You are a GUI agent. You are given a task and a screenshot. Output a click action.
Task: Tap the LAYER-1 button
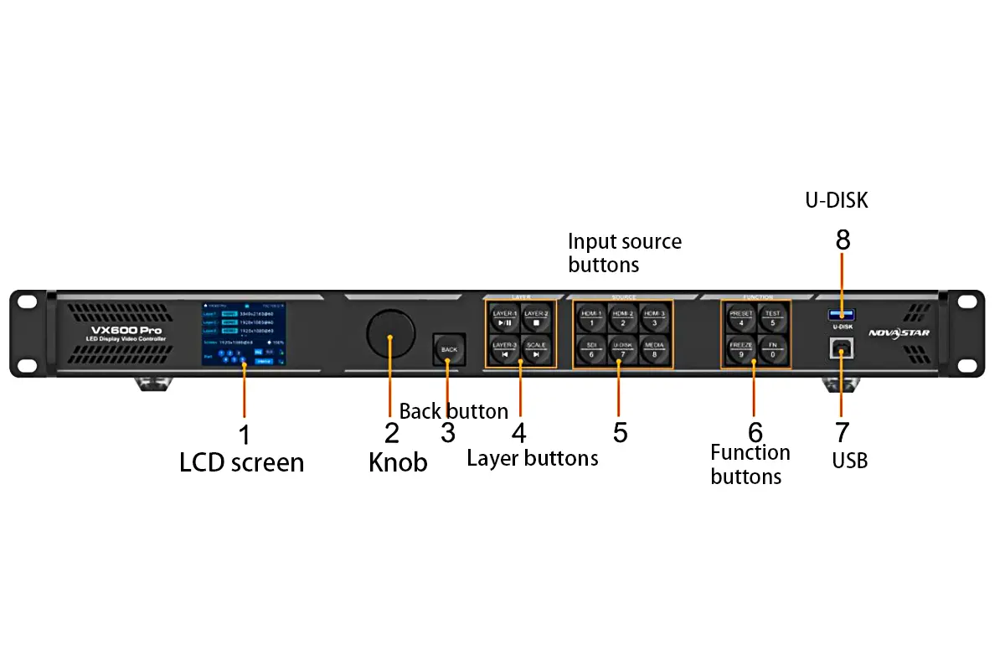click(504, 318)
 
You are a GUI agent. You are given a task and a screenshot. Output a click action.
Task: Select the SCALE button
click(537, 349)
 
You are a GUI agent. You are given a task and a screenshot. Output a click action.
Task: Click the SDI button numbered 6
click(591, 349)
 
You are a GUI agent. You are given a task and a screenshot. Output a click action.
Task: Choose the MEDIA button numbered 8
click(654, 349)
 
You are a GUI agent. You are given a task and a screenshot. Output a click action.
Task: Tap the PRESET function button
click(741, 318)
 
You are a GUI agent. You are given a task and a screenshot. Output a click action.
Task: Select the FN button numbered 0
click(772, 349)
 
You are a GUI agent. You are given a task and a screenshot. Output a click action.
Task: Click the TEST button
click(772, 318)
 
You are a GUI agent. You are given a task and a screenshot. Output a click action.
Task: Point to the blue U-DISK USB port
click(843, 314)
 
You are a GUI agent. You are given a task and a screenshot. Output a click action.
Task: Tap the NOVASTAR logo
click(899, 332)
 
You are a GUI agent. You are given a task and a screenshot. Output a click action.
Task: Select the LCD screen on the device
click(243, 333)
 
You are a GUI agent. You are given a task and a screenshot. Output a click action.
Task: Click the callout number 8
click(843, 240)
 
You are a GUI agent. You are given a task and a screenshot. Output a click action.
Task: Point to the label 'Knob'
click(398, 462)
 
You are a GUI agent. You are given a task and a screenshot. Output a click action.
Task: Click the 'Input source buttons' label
click(625, 253)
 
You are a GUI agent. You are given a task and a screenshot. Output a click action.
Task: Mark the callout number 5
click(620, 433)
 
